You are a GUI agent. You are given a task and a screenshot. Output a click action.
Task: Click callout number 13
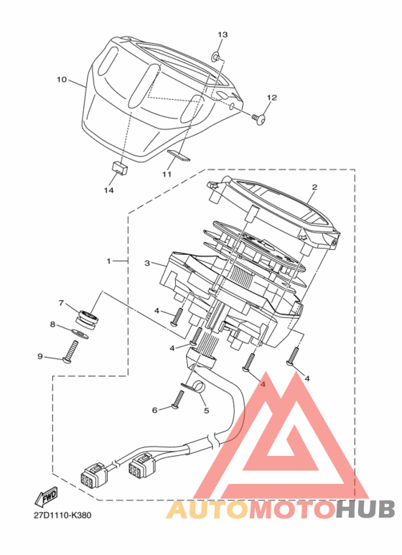(223, 34)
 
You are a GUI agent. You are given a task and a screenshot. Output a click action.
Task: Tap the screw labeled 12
(260, 118)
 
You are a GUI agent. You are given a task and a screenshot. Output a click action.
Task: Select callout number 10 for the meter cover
(62, 80)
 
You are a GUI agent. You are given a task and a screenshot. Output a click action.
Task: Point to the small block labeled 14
(119, 167)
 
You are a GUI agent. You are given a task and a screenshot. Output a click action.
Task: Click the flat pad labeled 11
(179, 154)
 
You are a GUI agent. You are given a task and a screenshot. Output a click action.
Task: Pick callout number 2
(314, 187)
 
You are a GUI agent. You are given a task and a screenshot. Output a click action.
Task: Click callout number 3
(147, 263)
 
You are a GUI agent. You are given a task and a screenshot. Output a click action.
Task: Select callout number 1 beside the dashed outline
(109, 261)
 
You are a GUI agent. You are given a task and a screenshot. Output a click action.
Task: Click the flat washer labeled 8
(80, 332)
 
